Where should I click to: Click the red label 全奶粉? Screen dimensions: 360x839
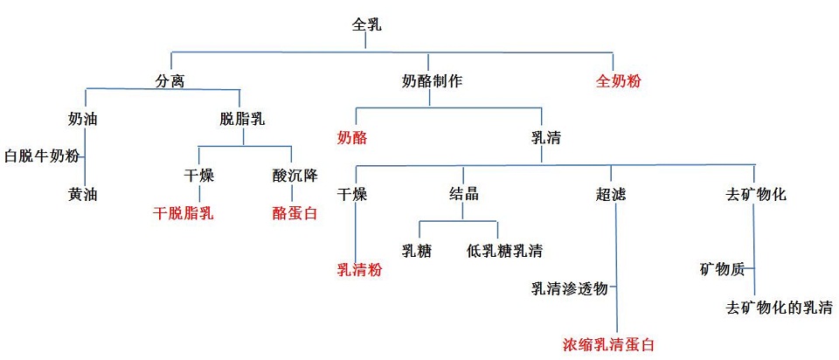coord(619,81)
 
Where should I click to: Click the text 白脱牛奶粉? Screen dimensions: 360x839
coord(42,156)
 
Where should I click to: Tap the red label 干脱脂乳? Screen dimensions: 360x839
coord(184,212)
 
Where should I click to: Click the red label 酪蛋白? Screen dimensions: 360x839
coord(294,212)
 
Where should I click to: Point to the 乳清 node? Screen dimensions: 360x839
coord(545,138)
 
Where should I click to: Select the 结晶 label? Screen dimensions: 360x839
coord(464,194)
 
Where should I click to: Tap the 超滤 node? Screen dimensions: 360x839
coord(611,194)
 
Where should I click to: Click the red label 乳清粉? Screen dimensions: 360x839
coord(359,269)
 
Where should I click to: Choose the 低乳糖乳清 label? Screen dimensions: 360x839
coord(504,251)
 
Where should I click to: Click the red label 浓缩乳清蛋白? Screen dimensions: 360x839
coord(608,344)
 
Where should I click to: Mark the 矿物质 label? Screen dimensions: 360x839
coord(723,269)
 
